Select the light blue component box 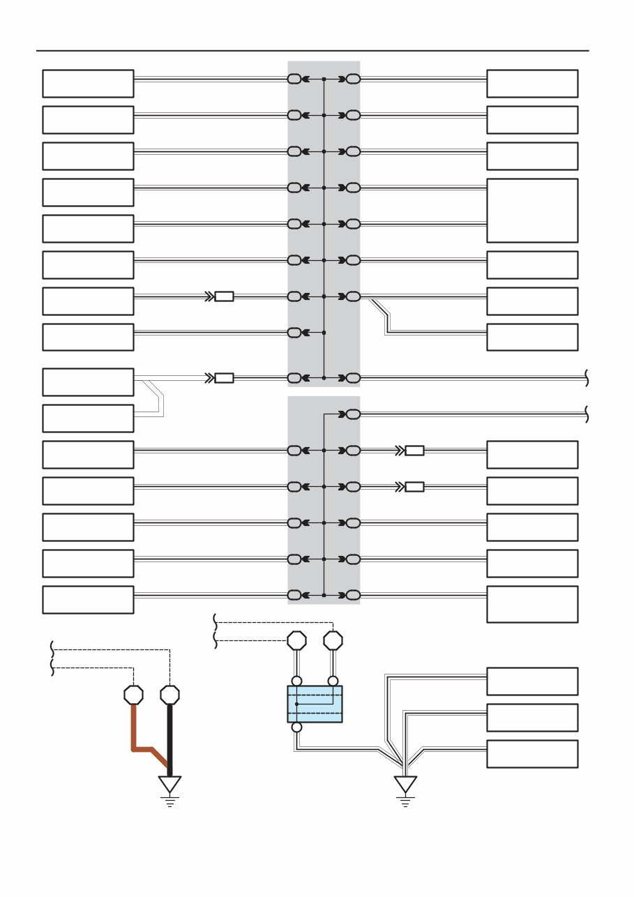315,704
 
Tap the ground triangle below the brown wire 169,784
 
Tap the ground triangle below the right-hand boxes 405,784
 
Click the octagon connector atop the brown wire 133,695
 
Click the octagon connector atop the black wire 169,695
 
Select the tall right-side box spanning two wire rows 532,210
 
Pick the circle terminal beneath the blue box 296,728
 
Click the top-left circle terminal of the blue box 296,681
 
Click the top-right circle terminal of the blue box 333,681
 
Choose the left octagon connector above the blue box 297,640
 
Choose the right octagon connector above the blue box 334,640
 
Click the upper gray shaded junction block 324,223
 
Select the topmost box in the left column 88,84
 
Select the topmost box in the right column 532,84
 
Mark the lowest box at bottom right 532,754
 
